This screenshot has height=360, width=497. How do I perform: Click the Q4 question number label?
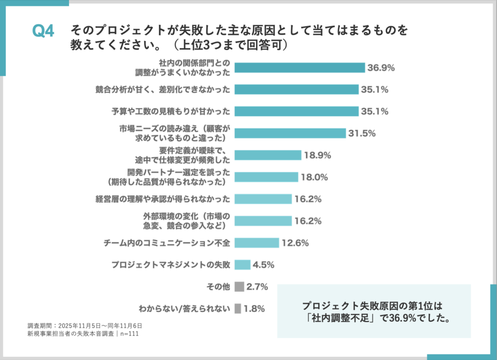tap(43, 32)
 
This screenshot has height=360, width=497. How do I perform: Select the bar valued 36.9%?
tap(299, 68)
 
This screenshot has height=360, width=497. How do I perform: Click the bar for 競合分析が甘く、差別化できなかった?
tap(296, 89)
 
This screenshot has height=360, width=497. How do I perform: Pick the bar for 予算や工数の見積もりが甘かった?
tap(296, 111)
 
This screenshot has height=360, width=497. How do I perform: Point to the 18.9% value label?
tap(317, 155)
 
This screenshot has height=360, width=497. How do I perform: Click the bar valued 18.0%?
tap(266, 177)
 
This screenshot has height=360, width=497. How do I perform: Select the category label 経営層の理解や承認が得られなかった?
tap(163, 199)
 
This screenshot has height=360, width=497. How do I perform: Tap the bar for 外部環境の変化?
tap(263, 221)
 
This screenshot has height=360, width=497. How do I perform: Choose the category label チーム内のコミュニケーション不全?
tap(166, 242)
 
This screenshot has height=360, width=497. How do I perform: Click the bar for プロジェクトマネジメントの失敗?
tap(242, 264)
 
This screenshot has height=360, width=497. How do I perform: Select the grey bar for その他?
tap(239, 287)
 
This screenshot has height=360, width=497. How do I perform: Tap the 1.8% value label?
tap(255, 309)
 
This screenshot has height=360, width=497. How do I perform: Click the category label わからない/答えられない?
tap(184, 309)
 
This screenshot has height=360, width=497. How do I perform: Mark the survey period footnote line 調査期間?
tap(84, 326)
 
